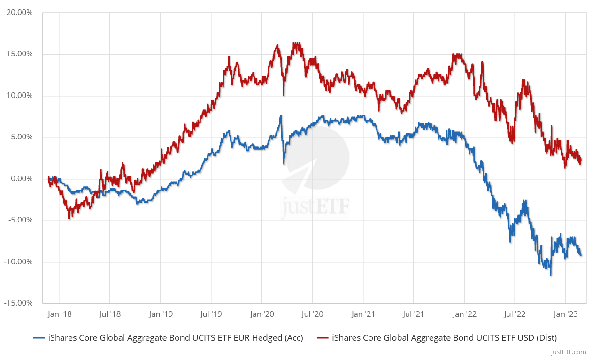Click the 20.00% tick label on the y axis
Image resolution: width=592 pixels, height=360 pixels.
[x=20, y=13]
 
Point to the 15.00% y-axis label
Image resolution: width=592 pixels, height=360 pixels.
[x=20, y=54]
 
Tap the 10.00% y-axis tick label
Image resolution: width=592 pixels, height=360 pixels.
[x=20, y=96]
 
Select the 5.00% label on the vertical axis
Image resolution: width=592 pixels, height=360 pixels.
[x=22, y=137]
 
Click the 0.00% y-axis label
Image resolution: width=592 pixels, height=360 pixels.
[x=22, y=179]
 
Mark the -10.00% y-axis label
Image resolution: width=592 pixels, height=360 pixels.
[x=19, y=262]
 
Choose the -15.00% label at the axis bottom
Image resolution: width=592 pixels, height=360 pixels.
[x=19, y=303]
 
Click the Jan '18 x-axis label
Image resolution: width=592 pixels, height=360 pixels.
[x=60, y=314]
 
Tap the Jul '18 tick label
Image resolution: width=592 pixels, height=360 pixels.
[x=109, y=314]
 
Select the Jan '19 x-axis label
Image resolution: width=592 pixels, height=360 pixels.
[x=161, y=314]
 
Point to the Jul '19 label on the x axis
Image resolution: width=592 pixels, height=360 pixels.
[x=211, y=314]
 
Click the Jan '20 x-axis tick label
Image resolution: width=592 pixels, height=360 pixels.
[x=262, y=314]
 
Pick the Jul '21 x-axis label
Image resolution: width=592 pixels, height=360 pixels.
[x=413, y=314]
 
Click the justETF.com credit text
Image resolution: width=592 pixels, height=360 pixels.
[x=569, y=352]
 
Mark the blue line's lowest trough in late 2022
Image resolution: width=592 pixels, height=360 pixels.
[x=551, y=275]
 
